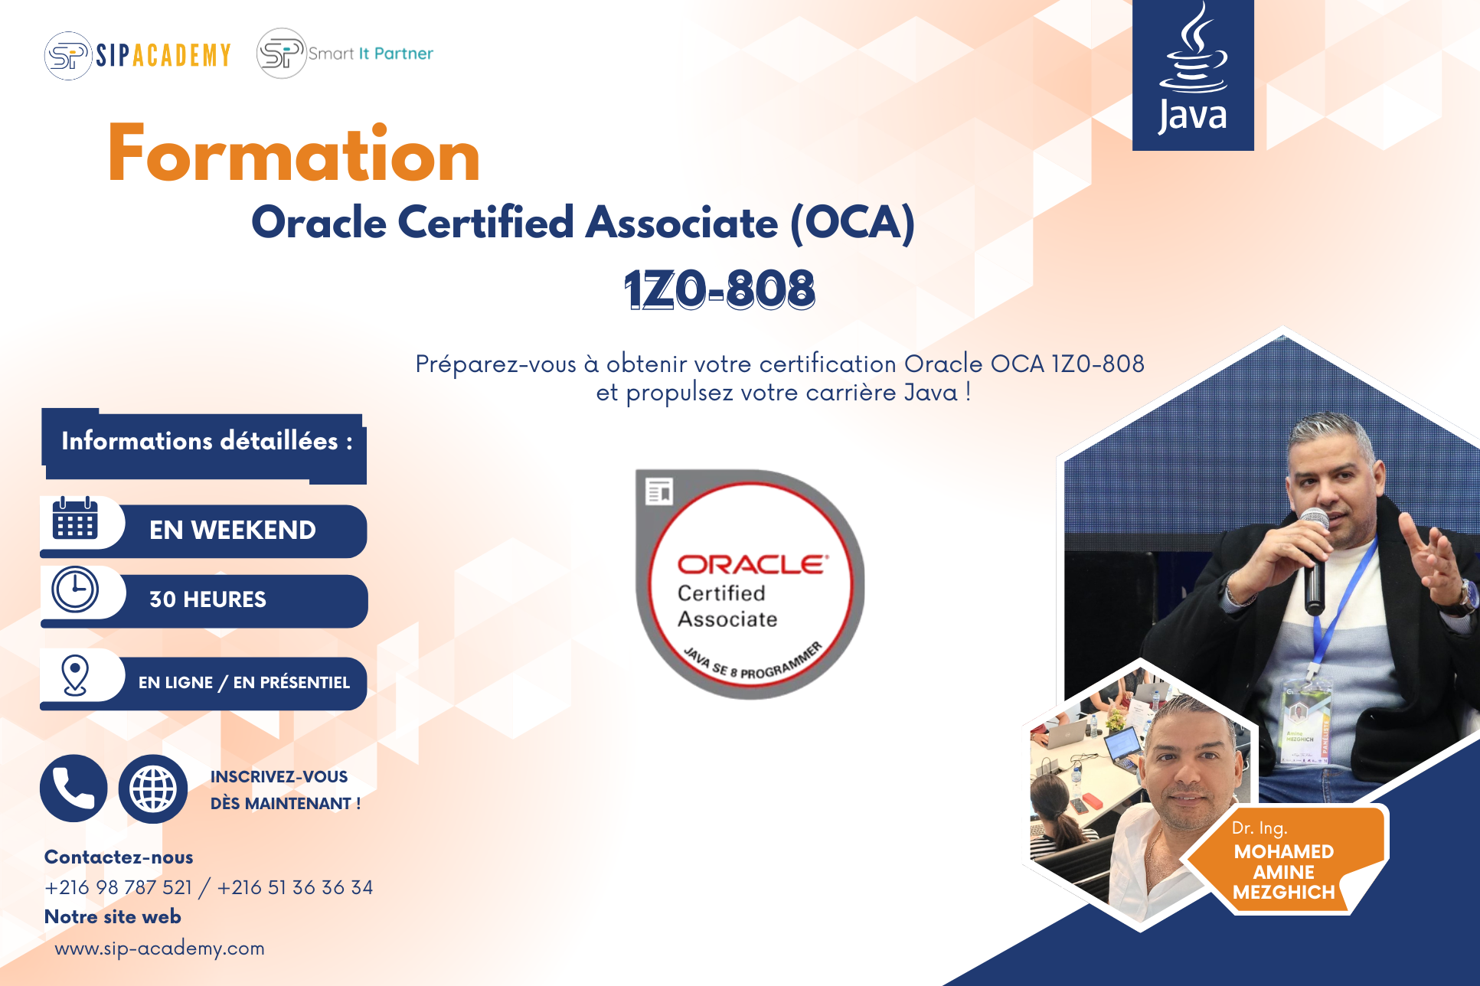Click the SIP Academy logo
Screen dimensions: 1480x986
coord(138,55)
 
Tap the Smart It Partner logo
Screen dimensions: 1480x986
coord(345,54)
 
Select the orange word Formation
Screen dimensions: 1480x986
coord(294,154)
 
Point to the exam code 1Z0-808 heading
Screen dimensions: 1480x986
coord(720,289)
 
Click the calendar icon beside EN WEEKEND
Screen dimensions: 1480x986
coord(75,518)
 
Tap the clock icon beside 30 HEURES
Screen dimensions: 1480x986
coord(75,589)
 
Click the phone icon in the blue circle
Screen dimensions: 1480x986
coord(74,788)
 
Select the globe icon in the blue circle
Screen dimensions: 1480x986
coord(153,788)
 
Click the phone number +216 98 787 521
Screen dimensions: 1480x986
coord(119,887)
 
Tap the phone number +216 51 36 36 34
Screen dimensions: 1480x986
coord(295,887)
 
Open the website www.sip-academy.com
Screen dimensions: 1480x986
coord(159,948)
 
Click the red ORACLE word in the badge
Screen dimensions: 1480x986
coord(753,564)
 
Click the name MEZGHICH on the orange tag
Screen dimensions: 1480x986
coord(1284,893)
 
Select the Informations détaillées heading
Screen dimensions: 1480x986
coord(207,441)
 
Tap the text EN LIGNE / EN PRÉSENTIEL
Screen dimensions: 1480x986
coord(244,682)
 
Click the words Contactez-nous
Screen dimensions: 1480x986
coord(119,857)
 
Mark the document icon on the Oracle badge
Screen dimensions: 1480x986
coord(659,491)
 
